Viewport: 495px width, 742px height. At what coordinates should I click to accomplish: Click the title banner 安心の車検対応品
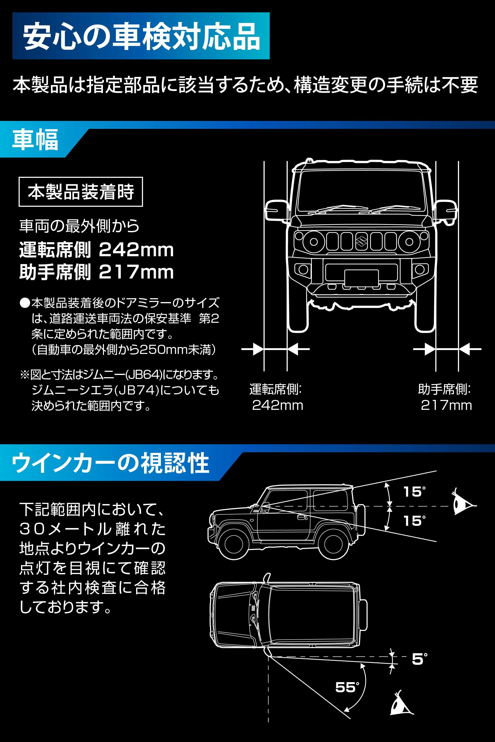pos(141,36)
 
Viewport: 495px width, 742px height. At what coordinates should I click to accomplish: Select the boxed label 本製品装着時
pos(81,192)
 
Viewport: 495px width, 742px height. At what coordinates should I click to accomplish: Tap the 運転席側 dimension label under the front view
pos(275,389)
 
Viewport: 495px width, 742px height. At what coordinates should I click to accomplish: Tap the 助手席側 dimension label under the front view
pos(444,389)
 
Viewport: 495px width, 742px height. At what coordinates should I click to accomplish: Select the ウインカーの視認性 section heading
pos(110,463)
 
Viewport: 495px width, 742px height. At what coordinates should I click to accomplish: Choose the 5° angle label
pos(419,659)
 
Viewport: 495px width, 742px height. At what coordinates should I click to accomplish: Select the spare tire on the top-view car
pos(363,615)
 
